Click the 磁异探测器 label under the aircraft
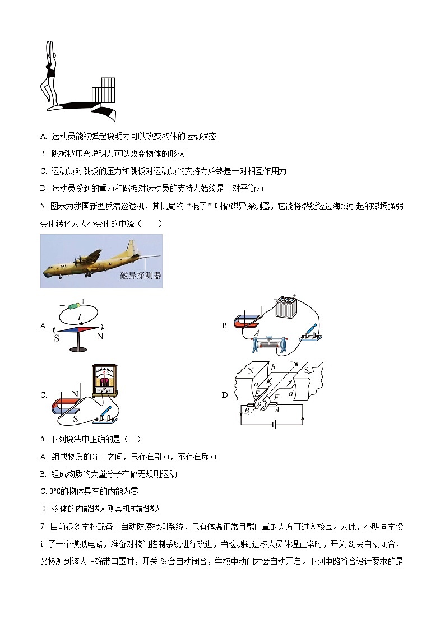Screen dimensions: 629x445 (141, 276)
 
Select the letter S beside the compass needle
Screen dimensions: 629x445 (57, 338)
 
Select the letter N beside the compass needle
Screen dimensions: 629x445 (100, 337)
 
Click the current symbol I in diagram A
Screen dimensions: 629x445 (80, 317)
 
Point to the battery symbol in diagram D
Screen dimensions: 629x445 (273, 425)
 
